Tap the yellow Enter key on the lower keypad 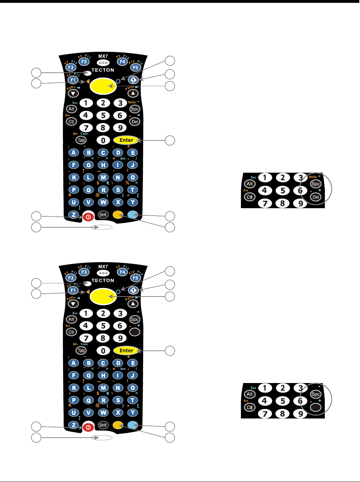tap(126, 350)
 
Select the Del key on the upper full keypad tap(135, 122)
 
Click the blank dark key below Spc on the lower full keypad tap(135, 332)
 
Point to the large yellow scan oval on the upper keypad tap(103, 86)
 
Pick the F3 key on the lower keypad tap(84, 272)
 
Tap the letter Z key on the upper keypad tap(73, 215)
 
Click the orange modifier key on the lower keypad tap(118, 425)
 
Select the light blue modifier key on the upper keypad tap(132, 215)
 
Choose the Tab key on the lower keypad tap(81, 350)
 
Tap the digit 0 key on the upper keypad tap(103, 140)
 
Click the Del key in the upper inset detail tap(316, 197)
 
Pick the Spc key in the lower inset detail tap(316, 394)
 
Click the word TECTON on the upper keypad tap(103, 70)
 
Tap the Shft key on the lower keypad tap(103, 425)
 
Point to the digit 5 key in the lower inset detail tap(283, 401)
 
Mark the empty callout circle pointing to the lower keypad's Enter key tap(170, 351)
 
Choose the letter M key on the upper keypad tap(103, 177)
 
